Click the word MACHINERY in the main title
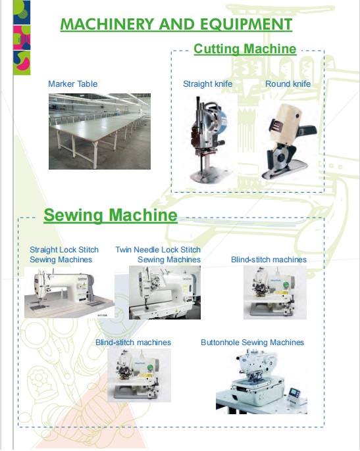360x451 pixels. (107, 24)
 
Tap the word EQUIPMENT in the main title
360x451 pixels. (246, 24)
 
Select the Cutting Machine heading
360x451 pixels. (245, 49)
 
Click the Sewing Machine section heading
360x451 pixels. (111, 215)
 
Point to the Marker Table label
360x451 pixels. (73, 84)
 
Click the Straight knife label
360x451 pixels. (208, 84)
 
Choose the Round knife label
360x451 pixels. (288, 84)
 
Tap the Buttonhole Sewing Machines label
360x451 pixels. (252, 343)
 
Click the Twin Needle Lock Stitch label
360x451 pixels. (158, 250)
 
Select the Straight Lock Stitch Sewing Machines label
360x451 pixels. (64, 254)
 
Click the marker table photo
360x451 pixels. (99, 131)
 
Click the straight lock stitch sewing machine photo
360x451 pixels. (69, 293)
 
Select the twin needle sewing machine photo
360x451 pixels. (165, 293)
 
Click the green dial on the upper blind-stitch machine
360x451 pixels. (286, 285)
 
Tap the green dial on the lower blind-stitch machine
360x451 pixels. (150, 368)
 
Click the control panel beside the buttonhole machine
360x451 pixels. (294, 397)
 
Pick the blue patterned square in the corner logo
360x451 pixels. (22, 12)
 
